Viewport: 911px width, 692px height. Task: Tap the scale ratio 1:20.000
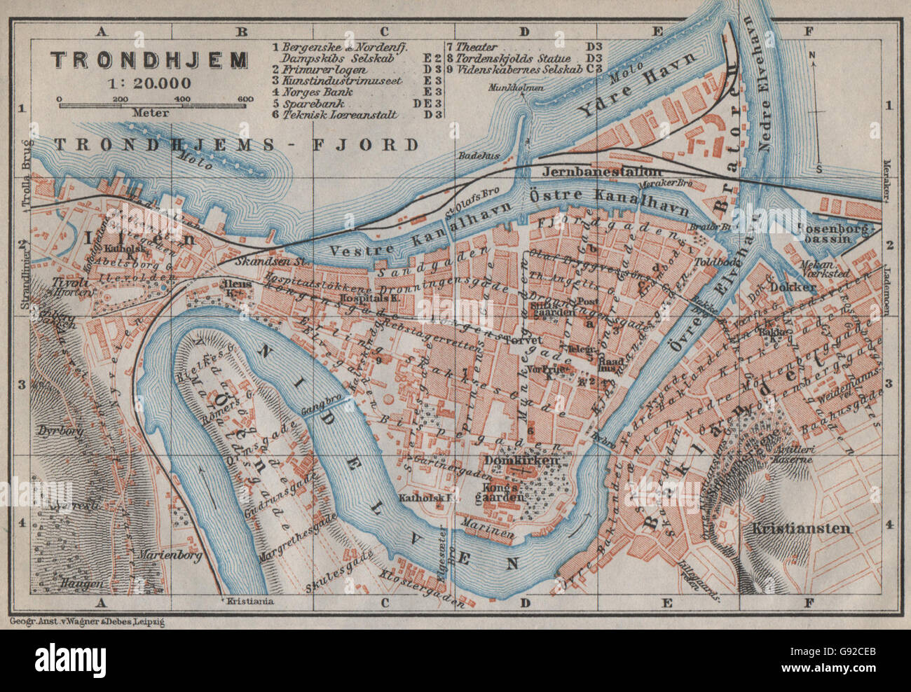[x=149, y=82]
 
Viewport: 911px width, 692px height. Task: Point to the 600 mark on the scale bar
[x=245, y=99]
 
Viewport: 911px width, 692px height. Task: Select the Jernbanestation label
[x=631, y=172]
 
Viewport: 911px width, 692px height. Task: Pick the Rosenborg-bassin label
[x=837, y=234]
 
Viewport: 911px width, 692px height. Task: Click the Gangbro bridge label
[x=315, y=404]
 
